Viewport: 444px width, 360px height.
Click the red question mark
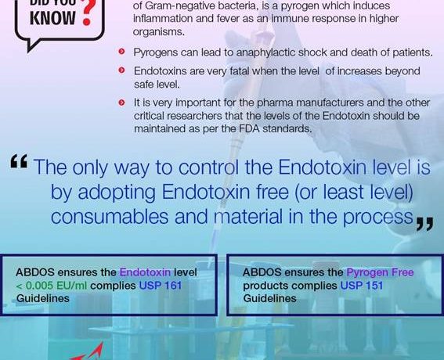87,13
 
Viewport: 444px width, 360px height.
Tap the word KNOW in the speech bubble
52,18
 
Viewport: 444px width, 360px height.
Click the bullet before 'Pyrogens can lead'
121,52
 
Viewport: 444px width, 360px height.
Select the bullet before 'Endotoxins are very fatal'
121,70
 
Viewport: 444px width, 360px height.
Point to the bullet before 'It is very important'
121,103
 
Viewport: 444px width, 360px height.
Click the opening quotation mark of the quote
19,161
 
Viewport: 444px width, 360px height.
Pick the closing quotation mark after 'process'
424,225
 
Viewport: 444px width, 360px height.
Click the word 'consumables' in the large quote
110,217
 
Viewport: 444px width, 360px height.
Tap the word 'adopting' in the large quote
117,193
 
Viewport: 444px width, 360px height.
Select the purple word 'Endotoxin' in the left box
146,272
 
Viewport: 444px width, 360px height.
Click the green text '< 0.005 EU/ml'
52,286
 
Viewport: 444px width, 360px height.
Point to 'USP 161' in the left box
161,286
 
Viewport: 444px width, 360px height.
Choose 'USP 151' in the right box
362,286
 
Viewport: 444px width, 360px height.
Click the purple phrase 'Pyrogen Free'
380,273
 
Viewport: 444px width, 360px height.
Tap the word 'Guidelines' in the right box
270,298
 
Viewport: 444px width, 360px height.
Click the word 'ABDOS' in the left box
35,272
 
